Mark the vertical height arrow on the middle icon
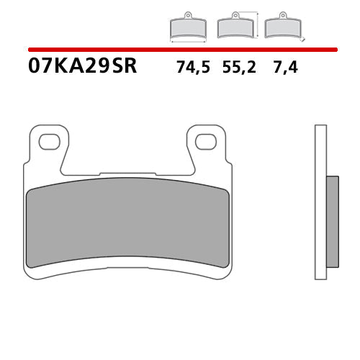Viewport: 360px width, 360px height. pos(256,24)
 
